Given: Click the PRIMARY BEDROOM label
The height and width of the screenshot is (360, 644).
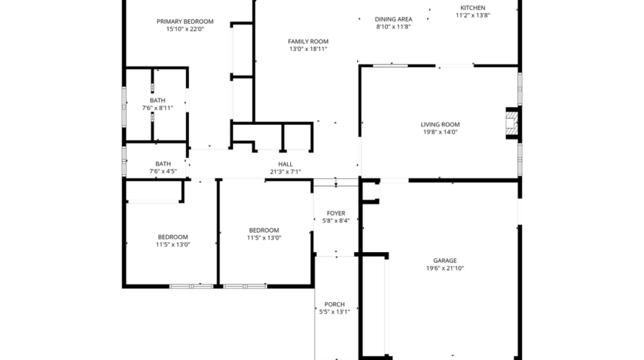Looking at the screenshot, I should point(185,22).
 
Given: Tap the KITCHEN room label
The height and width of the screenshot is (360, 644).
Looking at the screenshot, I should point(473,8).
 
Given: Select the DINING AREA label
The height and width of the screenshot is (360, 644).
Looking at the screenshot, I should point(393,19).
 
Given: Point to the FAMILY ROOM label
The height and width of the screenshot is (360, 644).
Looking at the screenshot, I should point(309,42).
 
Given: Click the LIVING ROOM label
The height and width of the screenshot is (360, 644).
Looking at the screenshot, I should point(440,124).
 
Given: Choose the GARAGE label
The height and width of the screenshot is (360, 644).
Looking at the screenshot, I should point(445,261).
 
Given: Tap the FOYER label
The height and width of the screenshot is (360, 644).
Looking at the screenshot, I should point(336,213).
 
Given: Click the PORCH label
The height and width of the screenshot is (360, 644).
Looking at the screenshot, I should point(335,304).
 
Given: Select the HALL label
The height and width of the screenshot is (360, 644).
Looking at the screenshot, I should point(285,164).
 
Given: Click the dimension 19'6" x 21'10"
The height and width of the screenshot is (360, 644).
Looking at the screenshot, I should point(445,268).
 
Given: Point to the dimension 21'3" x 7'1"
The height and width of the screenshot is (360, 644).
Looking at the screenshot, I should point(285,172).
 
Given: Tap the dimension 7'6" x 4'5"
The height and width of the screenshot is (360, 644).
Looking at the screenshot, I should point(163,171).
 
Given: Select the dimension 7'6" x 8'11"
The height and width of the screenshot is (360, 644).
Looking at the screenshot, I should point(157,108).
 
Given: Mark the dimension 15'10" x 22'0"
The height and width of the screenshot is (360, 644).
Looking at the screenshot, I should point(185,29).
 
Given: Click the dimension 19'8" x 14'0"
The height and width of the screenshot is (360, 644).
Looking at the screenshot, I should point(440,132).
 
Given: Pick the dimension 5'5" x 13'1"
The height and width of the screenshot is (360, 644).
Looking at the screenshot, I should point(335,312).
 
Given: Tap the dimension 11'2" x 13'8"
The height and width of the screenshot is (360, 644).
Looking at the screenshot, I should point(473,15).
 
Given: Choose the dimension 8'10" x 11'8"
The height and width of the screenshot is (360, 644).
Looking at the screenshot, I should point(393,27).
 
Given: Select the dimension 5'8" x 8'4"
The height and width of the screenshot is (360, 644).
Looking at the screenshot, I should point(336,220).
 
